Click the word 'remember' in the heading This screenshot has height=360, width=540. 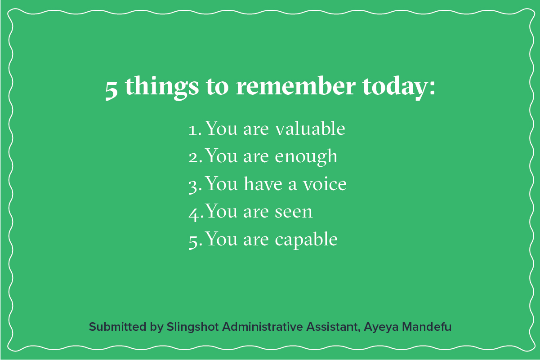(x=295, y=86)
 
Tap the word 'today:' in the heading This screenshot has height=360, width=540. (x=399, y=88)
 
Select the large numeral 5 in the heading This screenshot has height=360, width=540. (x=112, y=90)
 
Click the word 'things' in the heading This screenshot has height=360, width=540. (x=162, y=88)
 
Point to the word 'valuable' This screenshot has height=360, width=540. (x=310, y=128)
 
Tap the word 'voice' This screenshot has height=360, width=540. (x=325, y=184)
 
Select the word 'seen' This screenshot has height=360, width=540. (x=294, y=212)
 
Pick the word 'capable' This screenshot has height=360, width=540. (x=306, y=240)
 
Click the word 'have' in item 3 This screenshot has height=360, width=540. (x=263, y=184)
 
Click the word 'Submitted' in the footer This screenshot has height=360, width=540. (x=118, y=327)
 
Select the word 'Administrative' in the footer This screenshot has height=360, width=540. (x=262, y=327)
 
